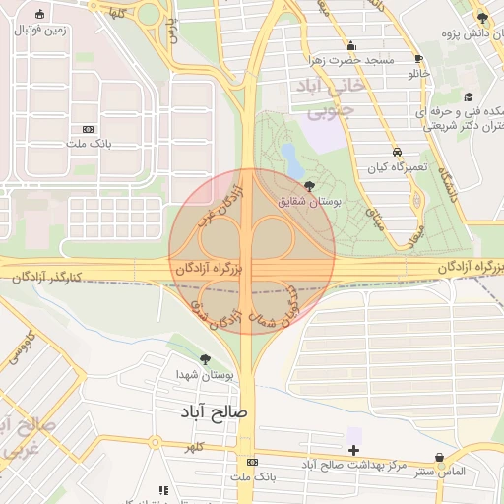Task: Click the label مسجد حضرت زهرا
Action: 351,61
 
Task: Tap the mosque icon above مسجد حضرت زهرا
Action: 351,45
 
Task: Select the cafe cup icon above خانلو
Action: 419,58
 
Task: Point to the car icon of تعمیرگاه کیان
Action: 395,153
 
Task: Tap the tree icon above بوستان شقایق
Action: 311,186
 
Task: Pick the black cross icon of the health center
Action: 353,450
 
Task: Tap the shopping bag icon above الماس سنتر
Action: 439,458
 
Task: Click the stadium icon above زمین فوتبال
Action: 38,15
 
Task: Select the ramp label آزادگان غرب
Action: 220,201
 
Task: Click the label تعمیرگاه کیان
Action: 395,168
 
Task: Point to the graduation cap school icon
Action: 469,96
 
